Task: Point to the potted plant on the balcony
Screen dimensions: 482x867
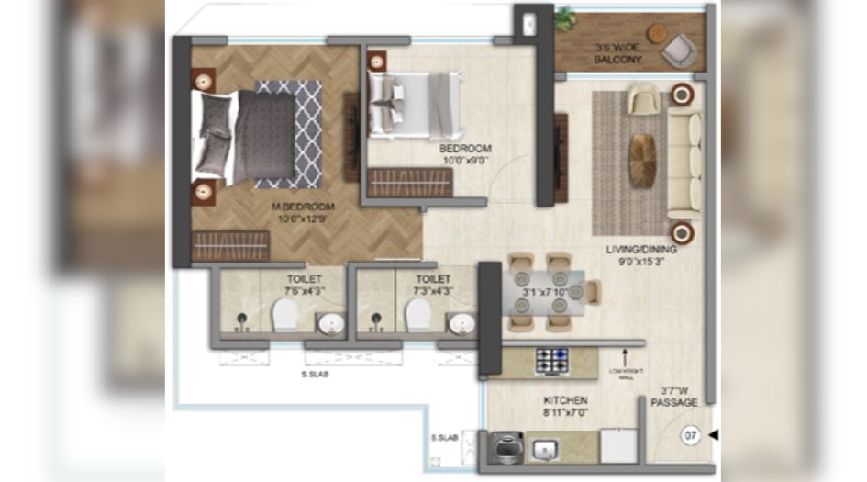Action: [x=565, y=18]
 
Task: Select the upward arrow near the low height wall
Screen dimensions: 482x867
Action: [x=627, y=353]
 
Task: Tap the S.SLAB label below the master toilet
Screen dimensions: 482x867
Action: [x=316, y=375]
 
